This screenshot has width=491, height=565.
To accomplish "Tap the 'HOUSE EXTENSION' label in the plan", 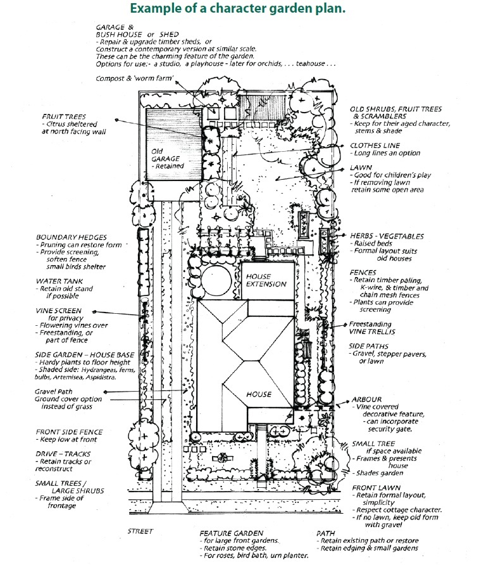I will click(x=266, y=280).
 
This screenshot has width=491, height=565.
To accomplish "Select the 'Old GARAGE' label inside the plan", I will click(x=166, y=159).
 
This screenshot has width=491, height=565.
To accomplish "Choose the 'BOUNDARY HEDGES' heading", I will click(x=71, y=237).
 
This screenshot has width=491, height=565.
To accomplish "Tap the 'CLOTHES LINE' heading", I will click(x=375, y=145).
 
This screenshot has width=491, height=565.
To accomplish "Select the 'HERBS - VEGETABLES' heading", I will click(x=387, y=236).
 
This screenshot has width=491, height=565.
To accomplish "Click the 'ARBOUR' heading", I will click(x=366, y=399).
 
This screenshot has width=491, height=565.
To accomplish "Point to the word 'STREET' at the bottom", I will click(x=141, y=530).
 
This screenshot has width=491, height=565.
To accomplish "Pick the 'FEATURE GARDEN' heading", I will click(x=231, y=533).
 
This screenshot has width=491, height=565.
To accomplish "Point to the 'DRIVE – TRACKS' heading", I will click(x=63, y=454).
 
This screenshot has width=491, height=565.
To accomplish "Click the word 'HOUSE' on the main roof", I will click(x=259, y=394).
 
